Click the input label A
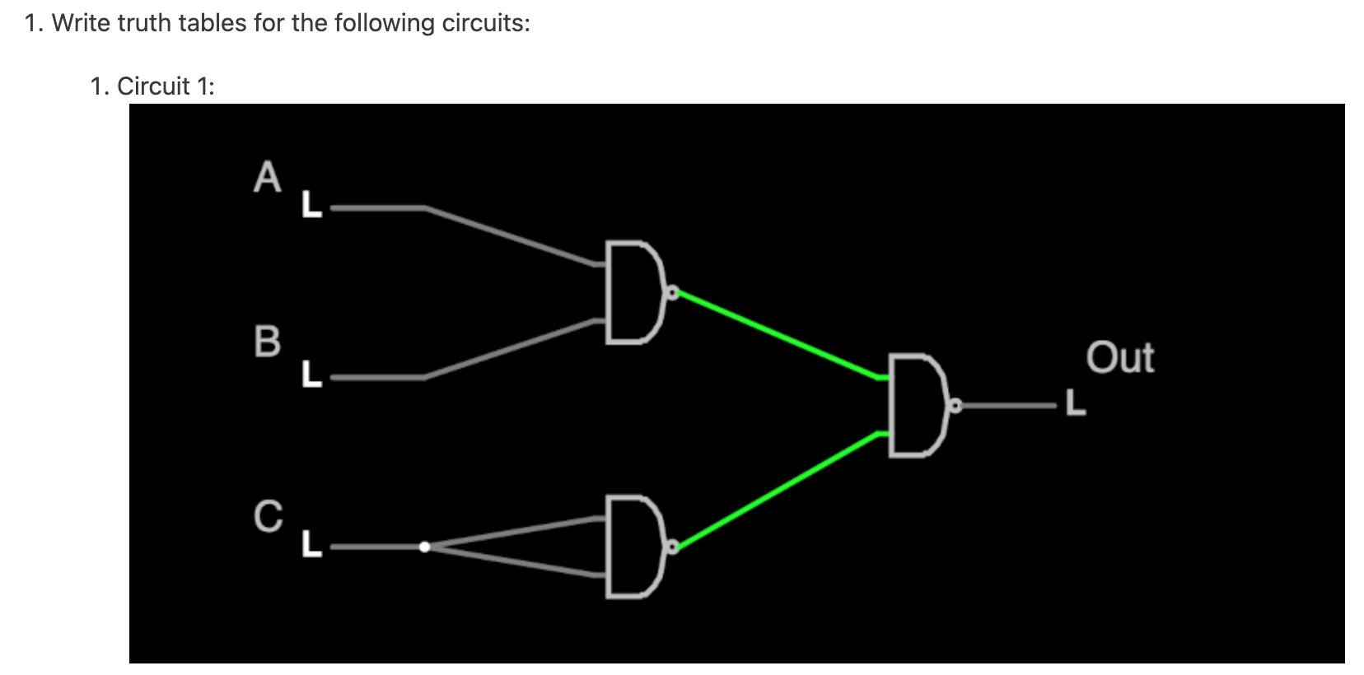click(x=268, y=178)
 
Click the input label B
click(x=268, y=341)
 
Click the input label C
click(x=268, y=516)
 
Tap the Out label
click(x=1119, y=358)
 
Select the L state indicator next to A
click(x=311, y=203)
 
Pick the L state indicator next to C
click(x=311, y=543)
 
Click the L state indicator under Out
click(x=1076, y=403)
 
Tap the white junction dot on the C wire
click(x=424, y=547)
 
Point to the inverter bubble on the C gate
click(x=672, y=545)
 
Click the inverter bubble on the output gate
click(x=955, y=405)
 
